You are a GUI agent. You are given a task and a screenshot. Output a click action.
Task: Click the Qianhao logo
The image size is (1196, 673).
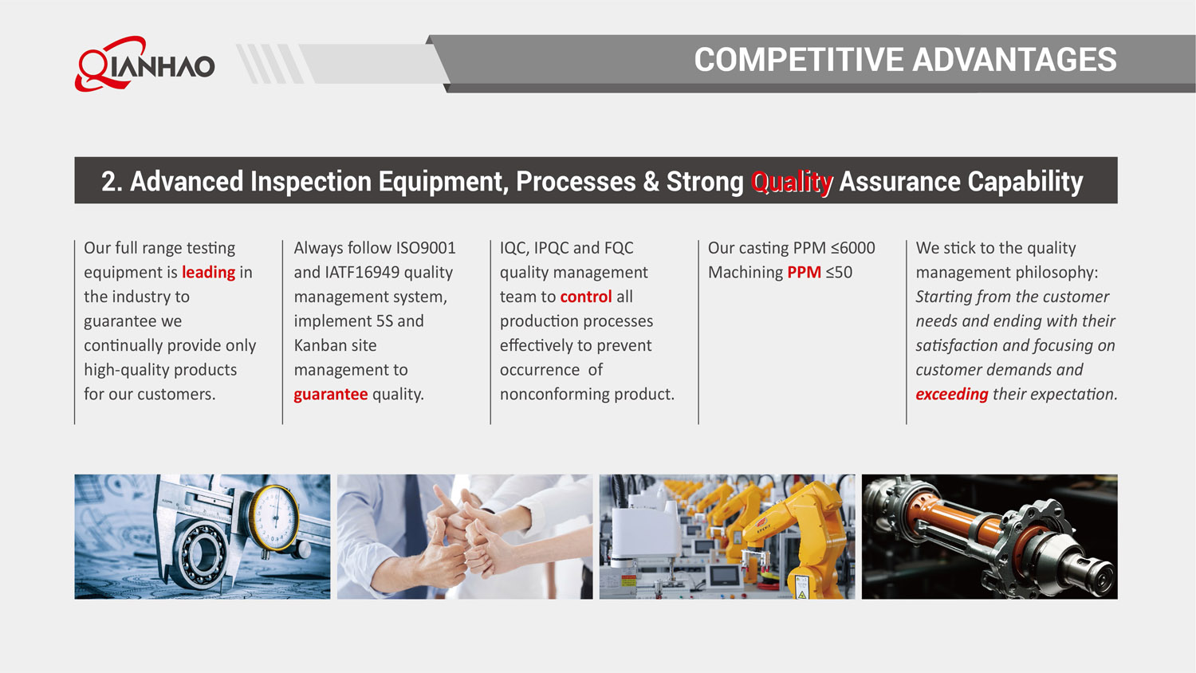144,64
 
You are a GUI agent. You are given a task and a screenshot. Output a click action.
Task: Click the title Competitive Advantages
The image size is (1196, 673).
905,60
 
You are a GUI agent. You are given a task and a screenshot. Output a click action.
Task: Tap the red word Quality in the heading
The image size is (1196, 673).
792,182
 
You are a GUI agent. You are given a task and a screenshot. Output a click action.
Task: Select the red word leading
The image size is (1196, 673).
208,273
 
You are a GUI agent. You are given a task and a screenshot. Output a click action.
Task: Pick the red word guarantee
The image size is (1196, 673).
330,395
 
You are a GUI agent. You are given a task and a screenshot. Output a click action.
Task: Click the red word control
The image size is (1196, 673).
585,297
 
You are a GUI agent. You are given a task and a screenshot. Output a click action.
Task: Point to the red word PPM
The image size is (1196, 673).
804,273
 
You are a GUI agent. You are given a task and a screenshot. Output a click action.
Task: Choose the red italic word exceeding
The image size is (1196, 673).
951,395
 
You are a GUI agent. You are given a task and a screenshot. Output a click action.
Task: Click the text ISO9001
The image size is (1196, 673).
425,248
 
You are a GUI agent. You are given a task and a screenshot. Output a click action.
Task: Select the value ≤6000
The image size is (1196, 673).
852,248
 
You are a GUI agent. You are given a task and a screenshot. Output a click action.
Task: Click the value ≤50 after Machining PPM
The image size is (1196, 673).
839,273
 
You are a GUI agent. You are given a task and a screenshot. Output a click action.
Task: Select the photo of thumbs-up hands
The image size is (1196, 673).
464,537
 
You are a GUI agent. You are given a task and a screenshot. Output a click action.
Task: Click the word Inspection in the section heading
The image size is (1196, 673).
311,182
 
